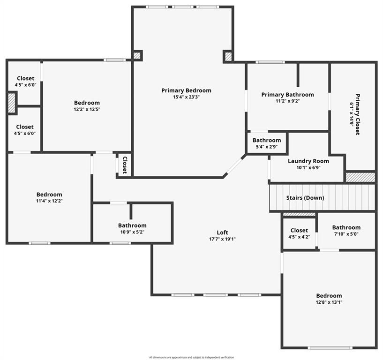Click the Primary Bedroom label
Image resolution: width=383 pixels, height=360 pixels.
tap(186, 90)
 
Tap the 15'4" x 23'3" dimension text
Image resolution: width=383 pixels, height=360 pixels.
tap(187, 97)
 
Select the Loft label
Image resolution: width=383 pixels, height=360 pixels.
tap(222, 232)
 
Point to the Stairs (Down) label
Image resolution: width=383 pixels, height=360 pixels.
tap(305, 198)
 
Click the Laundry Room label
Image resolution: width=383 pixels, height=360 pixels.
tap(308, 161)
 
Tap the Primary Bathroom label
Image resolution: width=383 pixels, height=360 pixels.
tap(287, 95)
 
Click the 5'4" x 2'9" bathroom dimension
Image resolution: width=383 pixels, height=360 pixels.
tap(266, 147)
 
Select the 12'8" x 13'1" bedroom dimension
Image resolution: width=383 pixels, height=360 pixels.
tap(329, 302)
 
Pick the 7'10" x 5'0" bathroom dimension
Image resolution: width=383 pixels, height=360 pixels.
tap(346, 234)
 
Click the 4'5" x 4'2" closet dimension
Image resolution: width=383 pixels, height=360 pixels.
tap(299, 237)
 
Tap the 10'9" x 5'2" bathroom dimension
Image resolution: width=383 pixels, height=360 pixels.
tap(132, 232)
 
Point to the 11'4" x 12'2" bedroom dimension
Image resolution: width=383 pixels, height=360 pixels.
tap(49, 201)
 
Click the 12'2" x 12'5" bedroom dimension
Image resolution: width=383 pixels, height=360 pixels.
tap(87, 109)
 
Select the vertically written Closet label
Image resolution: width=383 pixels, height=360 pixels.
tap(125, 165)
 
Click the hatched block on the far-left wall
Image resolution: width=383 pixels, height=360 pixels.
tap(12, 103)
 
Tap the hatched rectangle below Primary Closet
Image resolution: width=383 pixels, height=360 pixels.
tap(360, 177)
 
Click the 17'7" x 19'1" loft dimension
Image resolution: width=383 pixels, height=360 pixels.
tap(222, 239)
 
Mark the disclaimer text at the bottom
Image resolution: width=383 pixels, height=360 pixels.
tap(191, 357)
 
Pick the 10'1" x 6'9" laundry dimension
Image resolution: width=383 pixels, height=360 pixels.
tap(308, 168)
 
